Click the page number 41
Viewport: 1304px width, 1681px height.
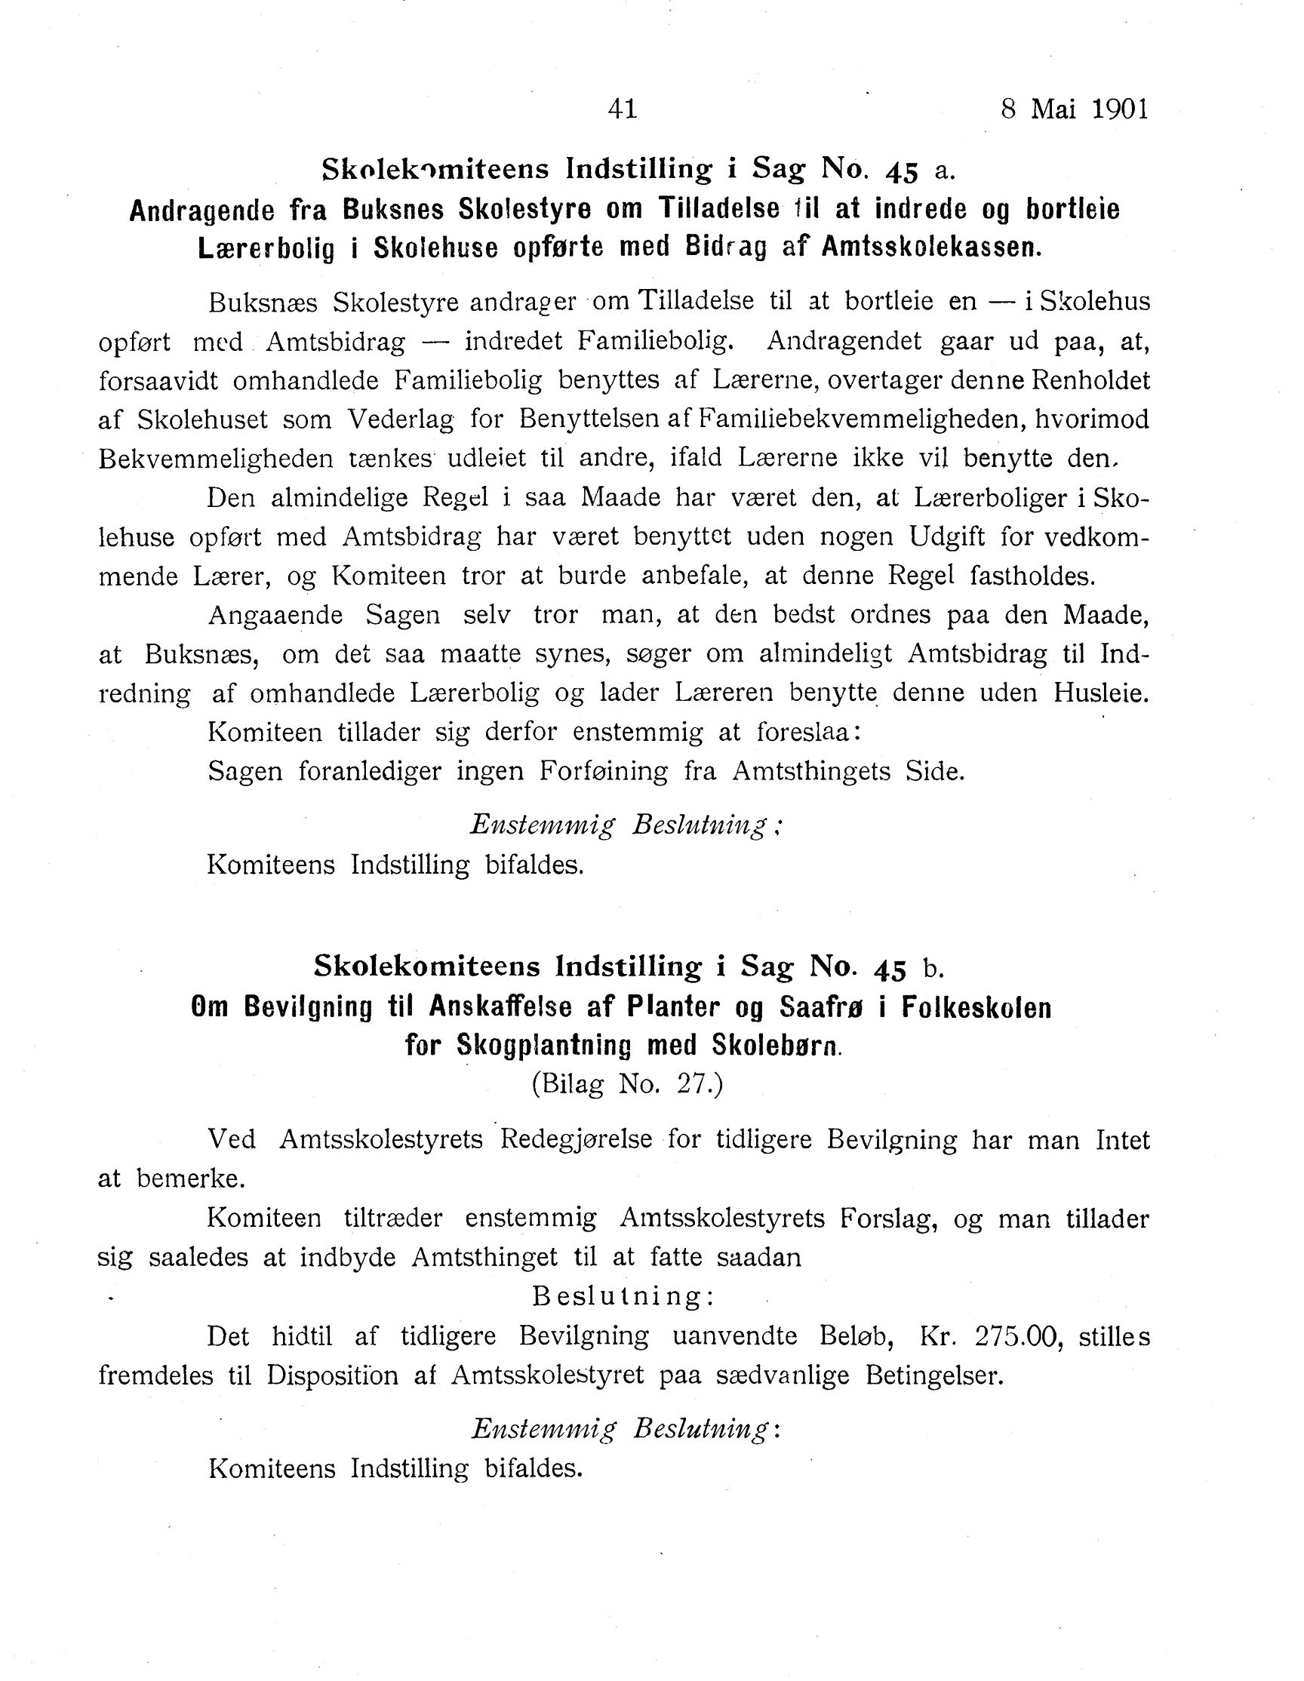[x=622, y=109]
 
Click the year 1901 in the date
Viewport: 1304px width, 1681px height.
[x=1119, y=109]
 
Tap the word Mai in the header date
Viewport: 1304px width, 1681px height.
[x=1053, y=109]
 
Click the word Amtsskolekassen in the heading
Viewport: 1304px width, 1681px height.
[x=931, y=247]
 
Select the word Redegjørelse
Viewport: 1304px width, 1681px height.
[x=577, y=1140]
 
